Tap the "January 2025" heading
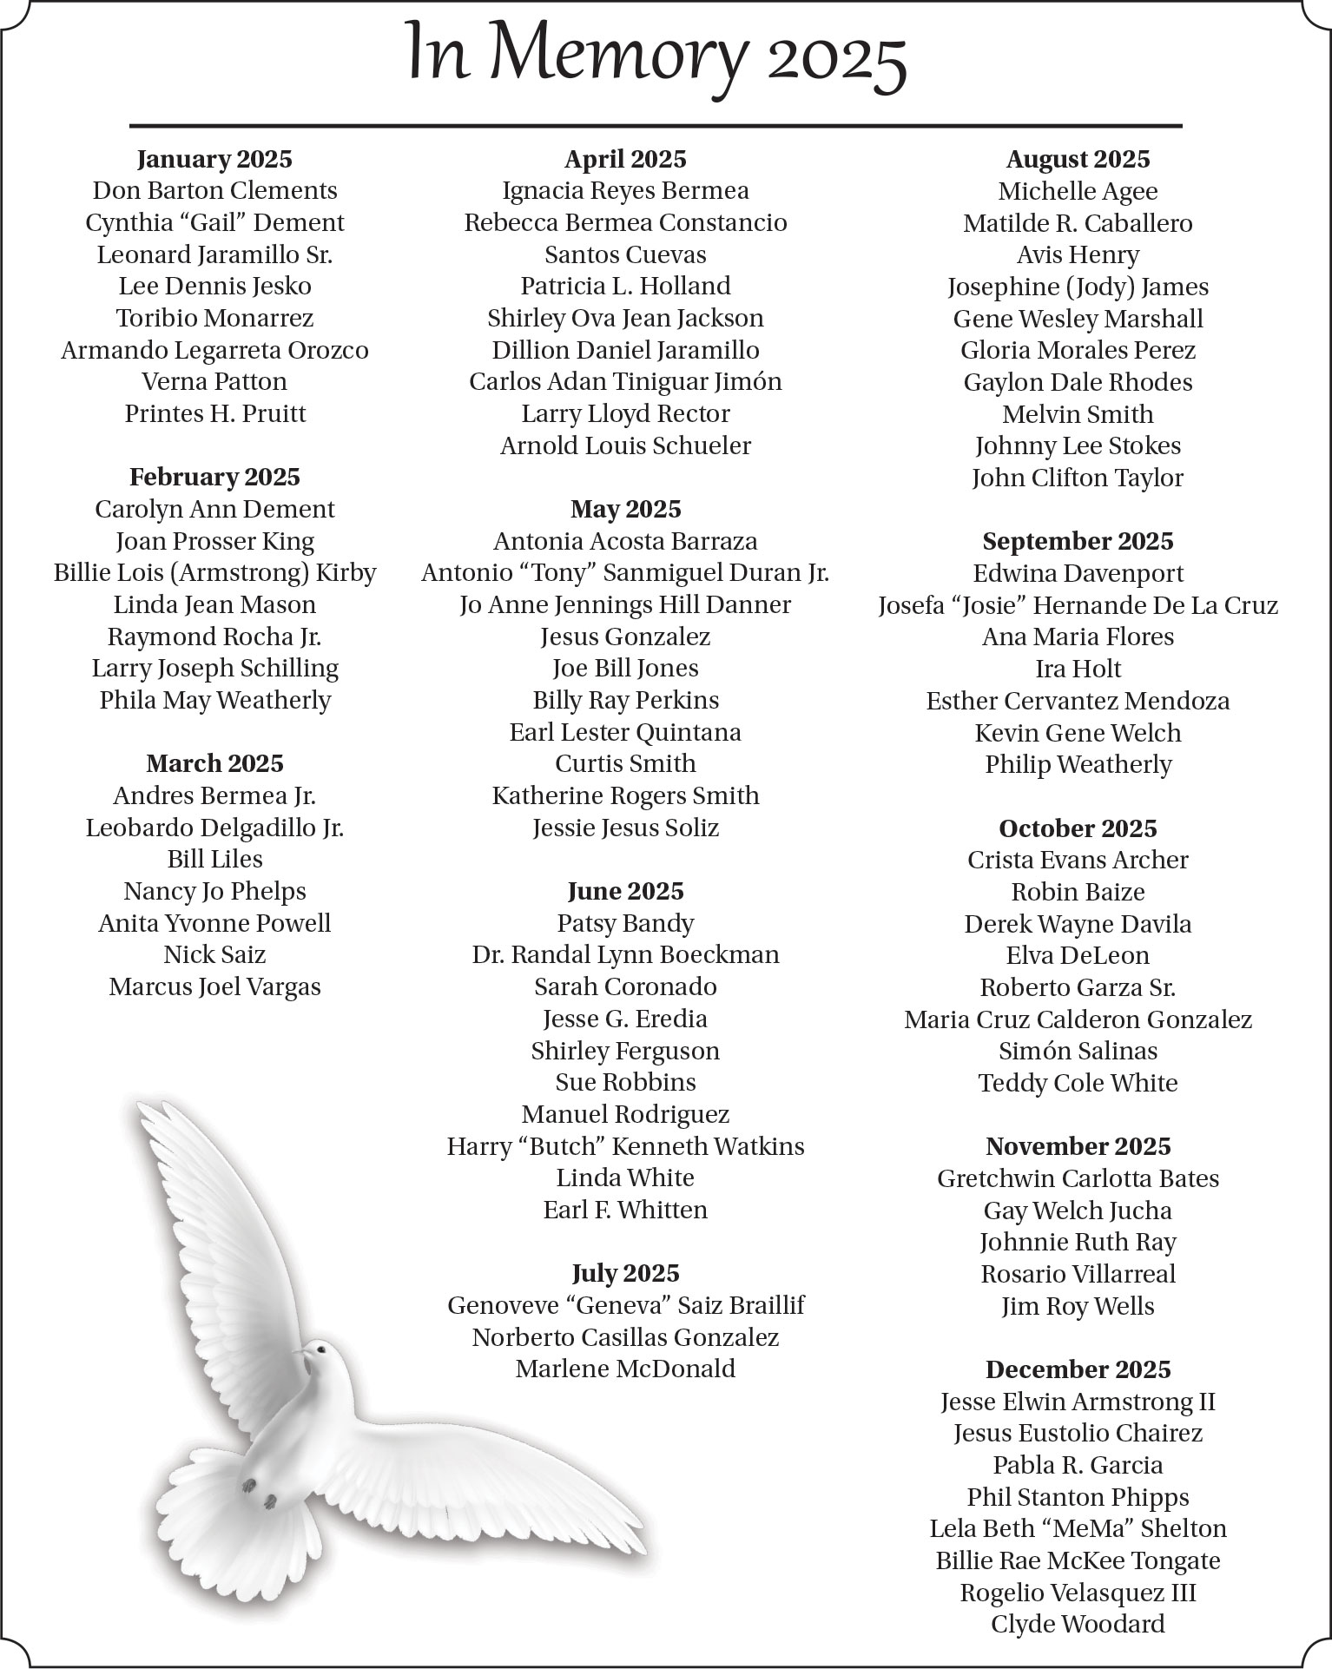(x=214, y=159)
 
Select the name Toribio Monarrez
(x=214, y=318)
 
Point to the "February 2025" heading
(x=214, y=477)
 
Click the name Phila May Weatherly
(x=214, y=700)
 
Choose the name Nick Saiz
(x=214, y=954)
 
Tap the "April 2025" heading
(x=625, y=159)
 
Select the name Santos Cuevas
(x=625, y=254)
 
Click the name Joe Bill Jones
(x=625, y=668)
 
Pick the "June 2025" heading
(x=625, y=891)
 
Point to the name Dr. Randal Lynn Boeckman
(x=625, y=954)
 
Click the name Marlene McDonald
(x=625, y=1369)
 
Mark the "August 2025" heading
(x=1078, y=159)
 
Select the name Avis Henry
(x=1078, y=254)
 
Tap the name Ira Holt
(x=1078, y=669)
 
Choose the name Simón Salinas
(x=1078, y=1051)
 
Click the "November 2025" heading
(x=1078, y=1146)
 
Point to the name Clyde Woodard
(x=1078, y=1624)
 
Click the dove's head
(x=320, y=1353)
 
